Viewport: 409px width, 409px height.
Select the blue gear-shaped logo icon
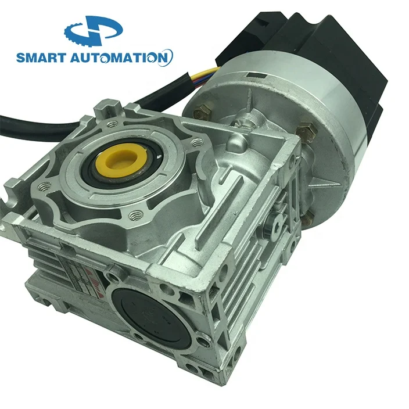[94, 32]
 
